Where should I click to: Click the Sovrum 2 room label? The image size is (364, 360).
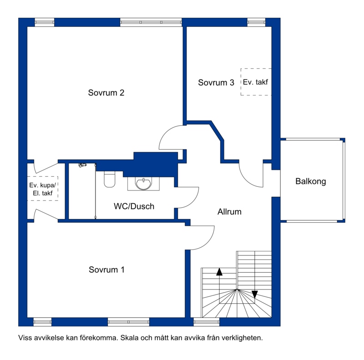[x=106, y=93]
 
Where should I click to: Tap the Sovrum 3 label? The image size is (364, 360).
[x=216, y=83]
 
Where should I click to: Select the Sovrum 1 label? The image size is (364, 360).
[x=106, y=270]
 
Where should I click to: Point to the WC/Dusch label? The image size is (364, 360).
[x=134, y=206]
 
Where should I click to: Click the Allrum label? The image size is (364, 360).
[x=229, y=211]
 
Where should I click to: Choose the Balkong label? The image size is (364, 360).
[x=311, y=181]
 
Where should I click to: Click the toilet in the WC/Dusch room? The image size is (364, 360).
[x=110, y=179]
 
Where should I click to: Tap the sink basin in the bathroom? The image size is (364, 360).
[x=143, y=184]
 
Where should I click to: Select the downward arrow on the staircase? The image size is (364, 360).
[x=255, y=294]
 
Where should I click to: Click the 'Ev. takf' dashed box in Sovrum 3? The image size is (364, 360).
[x=256, y=82]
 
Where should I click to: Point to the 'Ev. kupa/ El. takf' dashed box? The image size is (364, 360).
[x=43, y=188]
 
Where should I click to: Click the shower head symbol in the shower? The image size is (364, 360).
[x=82, y=165]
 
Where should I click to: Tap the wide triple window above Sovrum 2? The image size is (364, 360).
[x=151, y=22]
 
